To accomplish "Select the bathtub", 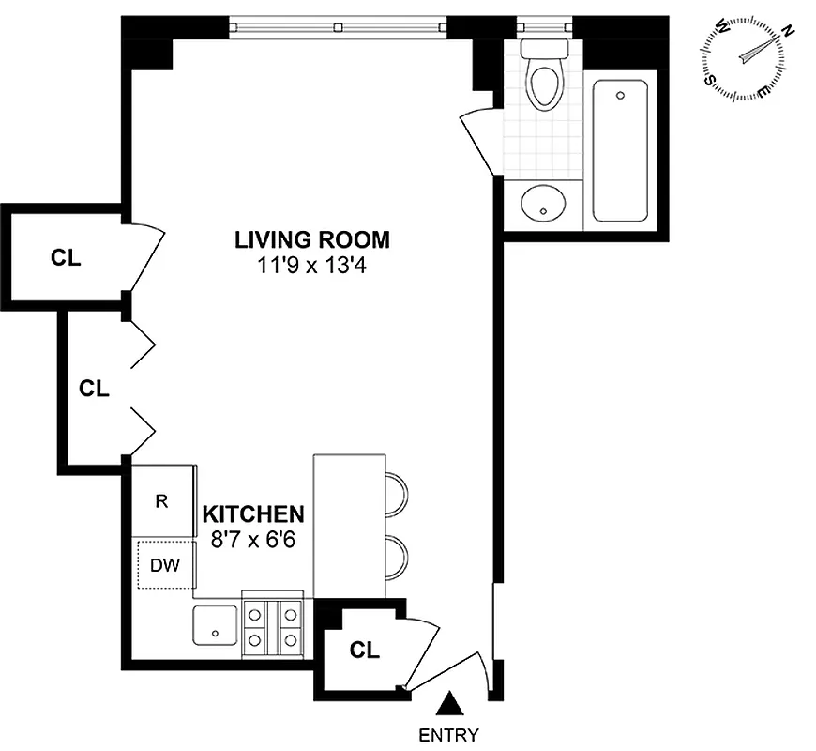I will [620, 150].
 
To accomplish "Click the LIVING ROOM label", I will [311, 239].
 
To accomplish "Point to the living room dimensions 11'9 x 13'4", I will [311, 265].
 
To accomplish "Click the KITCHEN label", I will [254, 514].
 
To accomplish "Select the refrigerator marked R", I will [161, 501].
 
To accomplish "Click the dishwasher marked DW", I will [164, 565].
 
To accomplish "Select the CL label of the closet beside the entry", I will [364, 650].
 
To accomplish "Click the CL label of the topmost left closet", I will [66, 258].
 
